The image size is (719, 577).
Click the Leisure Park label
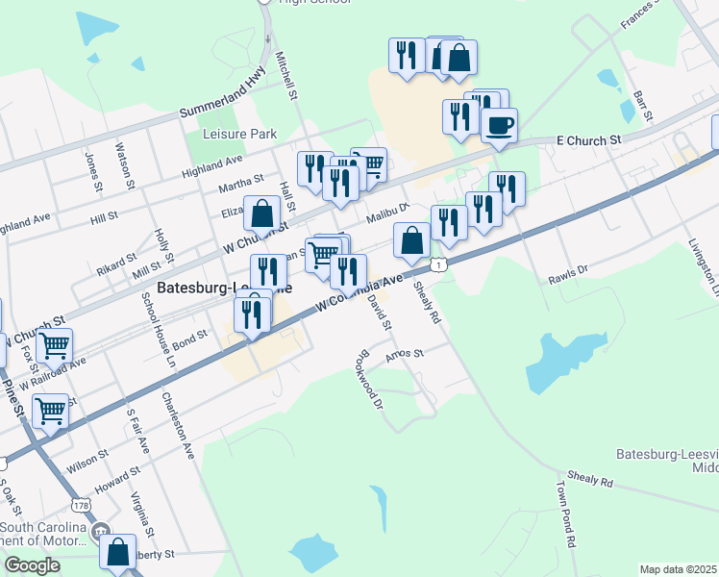click(236, 135)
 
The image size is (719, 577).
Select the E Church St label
click(589, 140)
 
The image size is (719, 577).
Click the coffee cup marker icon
click(498, 126)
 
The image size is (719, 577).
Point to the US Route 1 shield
click(438, 264)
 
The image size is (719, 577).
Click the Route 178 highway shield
click(81, 505)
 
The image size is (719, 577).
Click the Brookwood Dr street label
click(370, 376)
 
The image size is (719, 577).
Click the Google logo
click(31, 565)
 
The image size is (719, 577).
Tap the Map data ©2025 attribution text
click(678, 569)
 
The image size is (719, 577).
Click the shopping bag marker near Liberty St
click(117, 552)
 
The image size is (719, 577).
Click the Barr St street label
click(642, 106)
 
